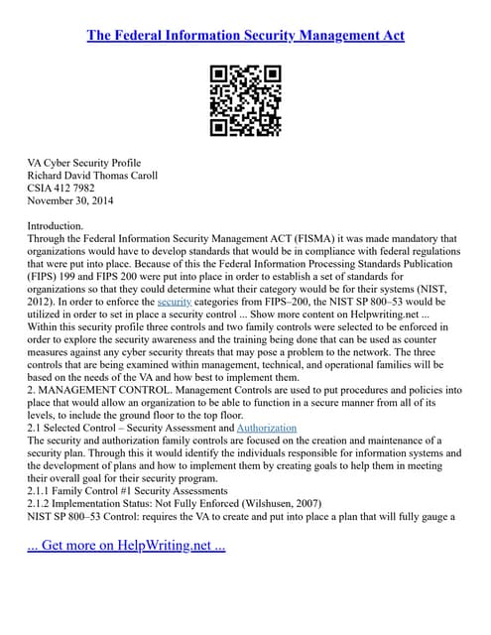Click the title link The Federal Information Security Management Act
coord(245,36)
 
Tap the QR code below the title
coord(245,100)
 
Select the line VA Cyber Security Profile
coord(84,163)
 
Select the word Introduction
coord(56,226)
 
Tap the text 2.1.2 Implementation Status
coord(99,503)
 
